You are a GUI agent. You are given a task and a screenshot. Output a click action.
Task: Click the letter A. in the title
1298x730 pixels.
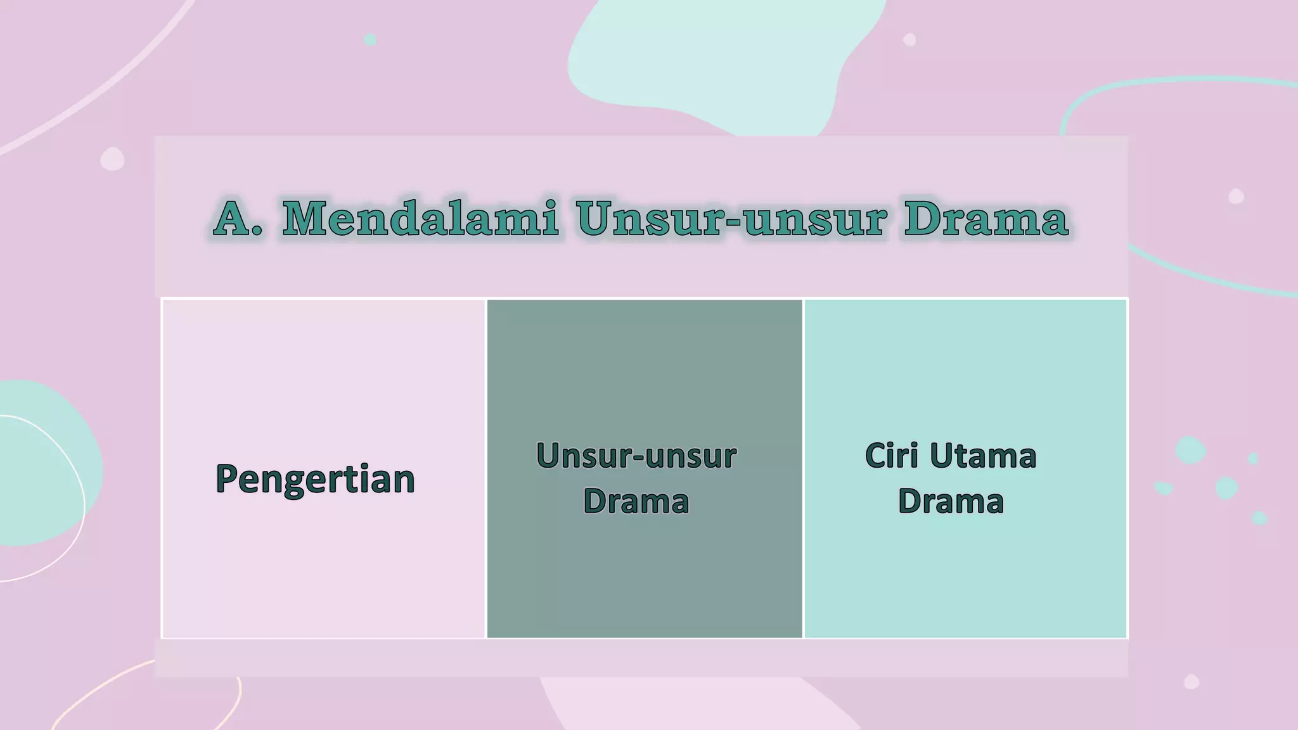click(237, 219)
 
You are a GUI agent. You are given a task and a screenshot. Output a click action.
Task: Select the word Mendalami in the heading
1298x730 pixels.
click(420, 219)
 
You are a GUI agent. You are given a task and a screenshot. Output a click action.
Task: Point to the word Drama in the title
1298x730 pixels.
click(986, 219)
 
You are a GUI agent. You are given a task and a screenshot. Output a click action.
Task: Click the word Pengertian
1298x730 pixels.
click(315, 479)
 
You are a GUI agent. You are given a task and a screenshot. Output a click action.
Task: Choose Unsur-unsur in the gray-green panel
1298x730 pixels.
click(636, 456)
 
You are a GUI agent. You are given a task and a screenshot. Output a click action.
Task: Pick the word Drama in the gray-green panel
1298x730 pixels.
click(636, 501)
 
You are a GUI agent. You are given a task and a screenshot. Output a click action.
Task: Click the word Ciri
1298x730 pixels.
click(892, 456)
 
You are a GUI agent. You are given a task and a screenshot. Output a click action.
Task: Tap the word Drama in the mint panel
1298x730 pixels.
click(951, 501)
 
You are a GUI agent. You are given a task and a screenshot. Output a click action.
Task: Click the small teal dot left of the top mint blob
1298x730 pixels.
click(370, 40)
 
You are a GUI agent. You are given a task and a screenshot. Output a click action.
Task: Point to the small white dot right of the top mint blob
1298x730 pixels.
click(909, 40)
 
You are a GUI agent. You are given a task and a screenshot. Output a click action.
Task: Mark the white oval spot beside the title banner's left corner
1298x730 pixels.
click(112, 159)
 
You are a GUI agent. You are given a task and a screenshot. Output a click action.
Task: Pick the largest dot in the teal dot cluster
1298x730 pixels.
click(1190, 450)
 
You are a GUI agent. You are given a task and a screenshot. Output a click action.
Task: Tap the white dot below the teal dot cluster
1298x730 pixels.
click(1192, 682)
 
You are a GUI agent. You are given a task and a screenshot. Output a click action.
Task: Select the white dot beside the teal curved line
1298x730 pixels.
click(1236, 196)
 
